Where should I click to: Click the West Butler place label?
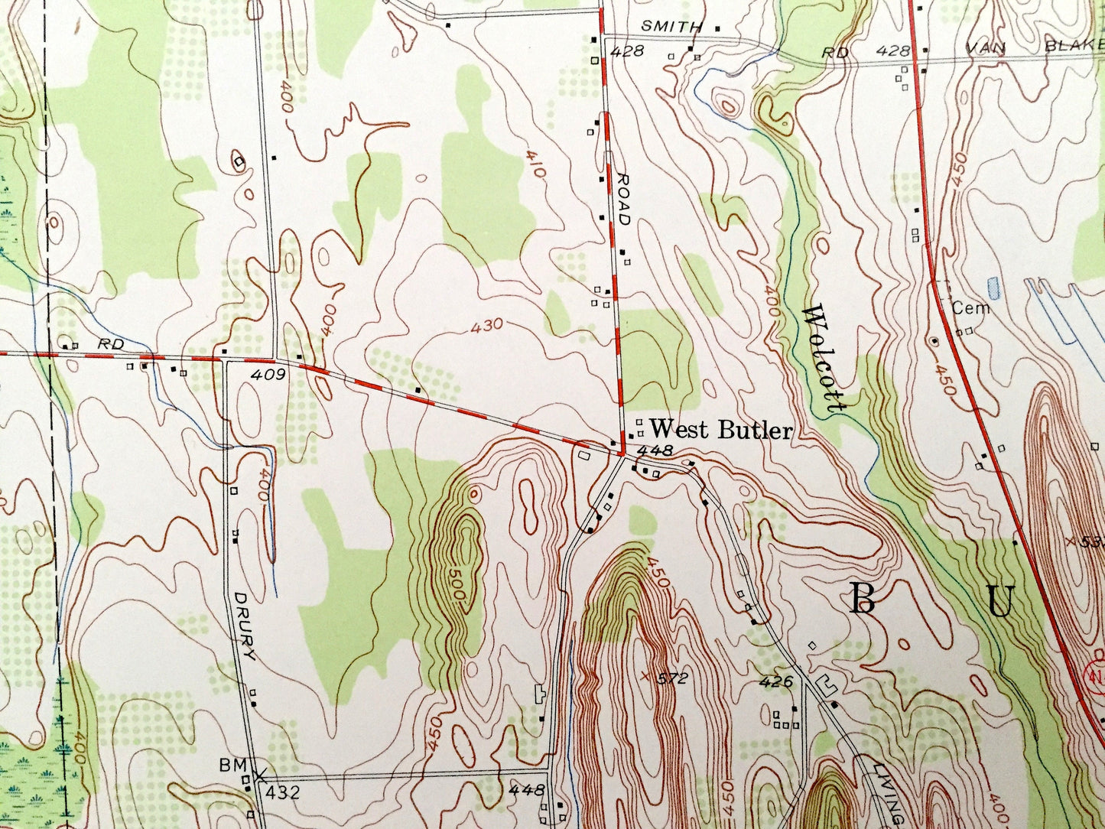tap(720, 430)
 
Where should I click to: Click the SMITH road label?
tap(671, 27)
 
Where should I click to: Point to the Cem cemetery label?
tap(971, 308)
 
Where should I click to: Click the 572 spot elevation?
tap(673, 678)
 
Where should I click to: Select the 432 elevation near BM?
tap(283, 793)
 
